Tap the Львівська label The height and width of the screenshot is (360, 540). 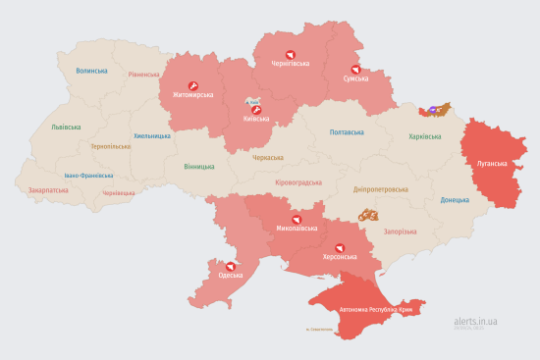(x=67, y=127)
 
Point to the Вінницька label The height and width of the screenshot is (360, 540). (x=200, y=166)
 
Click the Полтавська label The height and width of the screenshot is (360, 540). (x=347, y=132)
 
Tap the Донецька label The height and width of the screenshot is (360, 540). (x=456, y=200)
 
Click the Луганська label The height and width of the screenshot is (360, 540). (x=492, y=164)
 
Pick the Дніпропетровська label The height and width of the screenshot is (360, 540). (x=380, y=188)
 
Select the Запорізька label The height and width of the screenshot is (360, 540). (x=400, y=231)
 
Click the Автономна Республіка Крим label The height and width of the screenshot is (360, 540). (x=378, y=310)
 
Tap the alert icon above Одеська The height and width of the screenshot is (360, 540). (x=231, y=265)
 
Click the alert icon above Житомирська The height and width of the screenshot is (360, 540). (x=193, y=85)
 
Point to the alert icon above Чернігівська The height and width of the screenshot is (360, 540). (x=290, y=55)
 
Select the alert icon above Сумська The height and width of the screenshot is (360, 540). (x=355, y=69)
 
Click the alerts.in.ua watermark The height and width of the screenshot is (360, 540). (x=475, y=321)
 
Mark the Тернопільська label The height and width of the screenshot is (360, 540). (x=110, y=146)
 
